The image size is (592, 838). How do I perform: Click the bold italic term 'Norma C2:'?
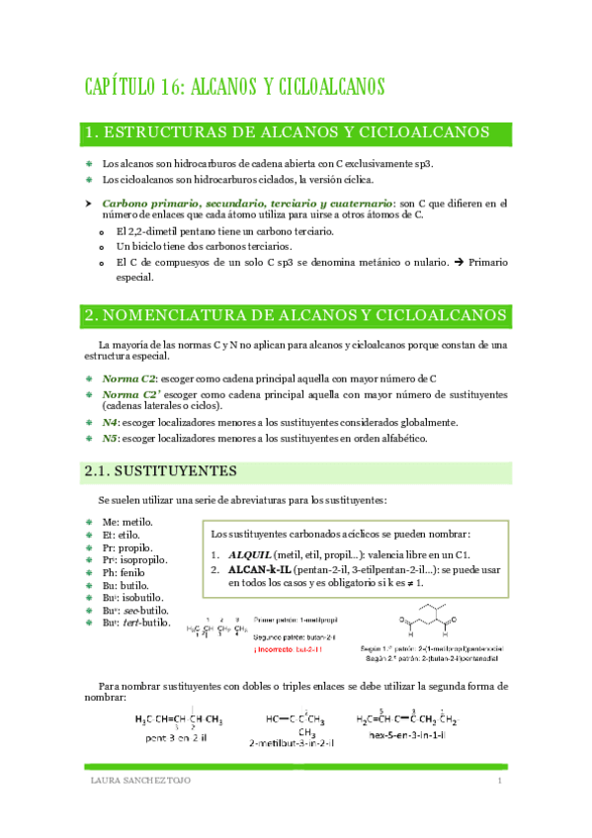pos(129,378)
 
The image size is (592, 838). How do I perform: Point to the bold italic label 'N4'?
pos(110,422)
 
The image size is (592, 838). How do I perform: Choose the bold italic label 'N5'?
pos(110,438)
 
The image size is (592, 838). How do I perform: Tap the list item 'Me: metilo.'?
pos(127,521)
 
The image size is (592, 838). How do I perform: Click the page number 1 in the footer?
pos(501,782)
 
